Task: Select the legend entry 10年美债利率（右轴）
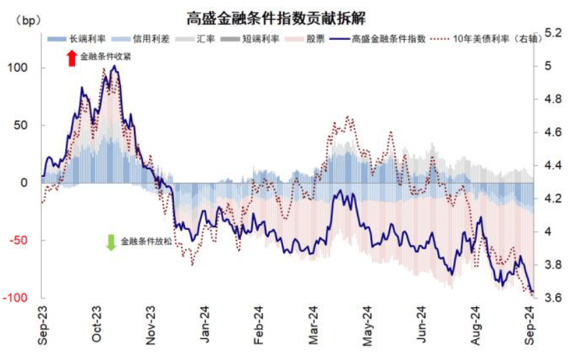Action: coord(488,39)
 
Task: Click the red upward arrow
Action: coord(72,58)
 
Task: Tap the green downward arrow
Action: coord(111,242)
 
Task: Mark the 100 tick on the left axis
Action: coord(20,68)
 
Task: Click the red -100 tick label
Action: coord(17,298)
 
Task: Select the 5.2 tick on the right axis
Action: coord(551,33)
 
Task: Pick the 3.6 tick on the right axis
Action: coord(551,298)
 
